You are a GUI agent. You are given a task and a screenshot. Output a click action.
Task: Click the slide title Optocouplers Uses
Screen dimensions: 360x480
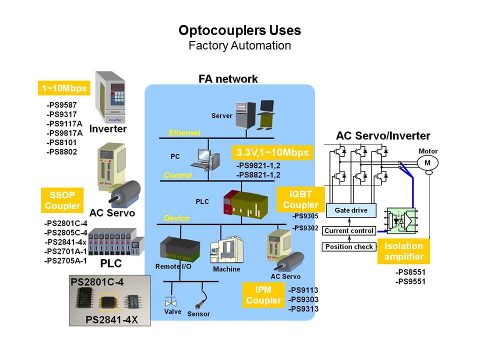click(240, 30)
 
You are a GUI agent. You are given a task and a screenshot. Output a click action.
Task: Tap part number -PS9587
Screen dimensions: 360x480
click(62, 105)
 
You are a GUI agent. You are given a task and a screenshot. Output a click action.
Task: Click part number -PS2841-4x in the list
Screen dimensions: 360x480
click(65, 242)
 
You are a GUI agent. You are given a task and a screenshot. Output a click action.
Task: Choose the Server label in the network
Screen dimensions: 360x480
click(222, 115)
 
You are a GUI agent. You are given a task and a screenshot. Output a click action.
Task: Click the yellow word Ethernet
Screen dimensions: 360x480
click(184, 132)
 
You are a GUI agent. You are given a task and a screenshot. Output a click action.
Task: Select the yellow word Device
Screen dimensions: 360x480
click(177, 218)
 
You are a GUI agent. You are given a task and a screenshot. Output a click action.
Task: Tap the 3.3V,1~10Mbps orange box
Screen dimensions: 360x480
click(272, 152)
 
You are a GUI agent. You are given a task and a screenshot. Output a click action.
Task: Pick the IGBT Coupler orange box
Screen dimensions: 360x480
click(300, 199)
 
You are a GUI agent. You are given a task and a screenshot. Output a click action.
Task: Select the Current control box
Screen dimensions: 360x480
click(349, 231)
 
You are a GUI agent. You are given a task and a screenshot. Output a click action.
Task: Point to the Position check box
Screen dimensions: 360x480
click(349, 246)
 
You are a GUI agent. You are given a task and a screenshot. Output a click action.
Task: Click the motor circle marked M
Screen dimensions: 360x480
click(427, 163)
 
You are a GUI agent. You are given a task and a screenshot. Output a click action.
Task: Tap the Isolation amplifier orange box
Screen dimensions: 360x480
click(403, 251)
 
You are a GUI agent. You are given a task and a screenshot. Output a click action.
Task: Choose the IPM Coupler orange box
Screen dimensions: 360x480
click(263, 295)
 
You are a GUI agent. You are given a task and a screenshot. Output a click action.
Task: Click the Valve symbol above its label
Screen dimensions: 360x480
click(171, 302)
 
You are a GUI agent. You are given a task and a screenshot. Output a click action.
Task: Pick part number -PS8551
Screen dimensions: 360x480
click(410, 273)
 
